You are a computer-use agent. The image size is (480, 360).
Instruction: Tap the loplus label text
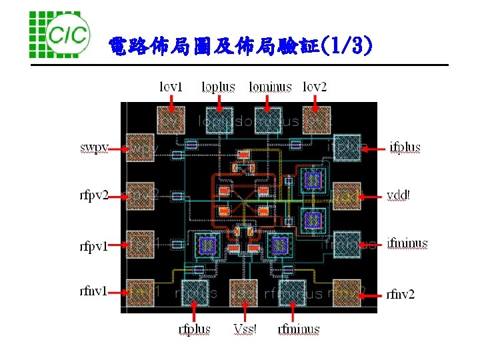point(218,87)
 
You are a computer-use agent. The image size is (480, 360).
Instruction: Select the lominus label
point(270,87)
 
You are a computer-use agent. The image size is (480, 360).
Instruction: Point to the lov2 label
point(315,87)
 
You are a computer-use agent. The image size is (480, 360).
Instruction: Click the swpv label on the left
point(94,147)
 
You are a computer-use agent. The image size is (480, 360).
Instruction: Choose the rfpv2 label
point(94,195)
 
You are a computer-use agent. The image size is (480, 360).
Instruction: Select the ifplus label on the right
point(405,147)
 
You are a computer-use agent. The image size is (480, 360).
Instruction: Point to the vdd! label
point(399,195)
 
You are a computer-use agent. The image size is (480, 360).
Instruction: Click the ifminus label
point(407,243)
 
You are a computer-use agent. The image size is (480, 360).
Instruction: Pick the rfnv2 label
point(401,293)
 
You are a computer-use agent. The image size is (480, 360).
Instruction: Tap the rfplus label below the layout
point(194,329)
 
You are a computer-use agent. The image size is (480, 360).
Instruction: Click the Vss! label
point(245,329)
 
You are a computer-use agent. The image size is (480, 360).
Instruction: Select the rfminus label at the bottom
point(298,329)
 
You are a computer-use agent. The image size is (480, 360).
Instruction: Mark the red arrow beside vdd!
point(373,196)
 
